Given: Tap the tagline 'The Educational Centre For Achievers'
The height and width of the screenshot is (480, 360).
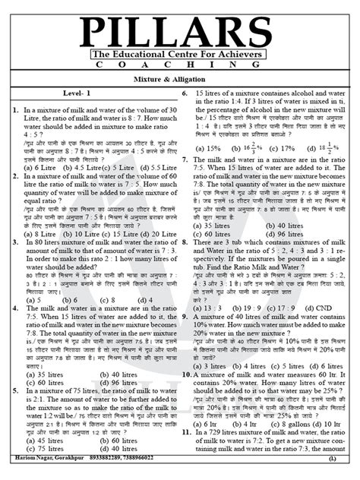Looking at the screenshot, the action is point(180,55).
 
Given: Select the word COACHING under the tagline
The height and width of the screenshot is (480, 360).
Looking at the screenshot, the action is point(180,67).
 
